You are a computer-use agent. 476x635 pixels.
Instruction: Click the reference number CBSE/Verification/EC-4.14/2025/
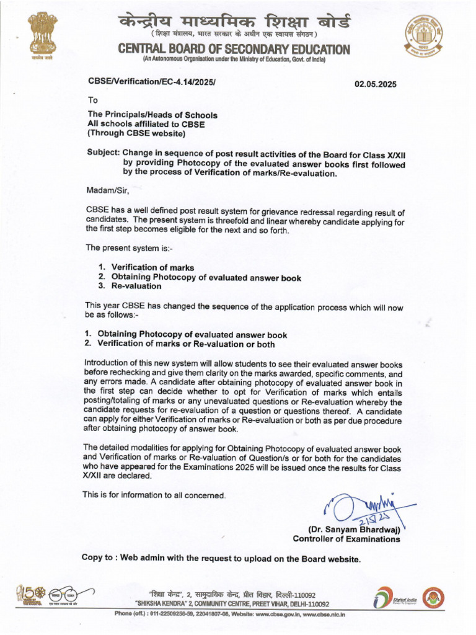153,81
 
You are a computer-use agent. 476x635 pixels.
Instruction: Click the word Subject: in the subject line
103,153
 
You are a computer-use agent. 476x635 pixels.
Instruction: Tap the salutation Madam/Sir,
107,190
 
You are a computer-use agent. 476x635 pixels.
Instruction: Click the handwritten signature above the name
359,508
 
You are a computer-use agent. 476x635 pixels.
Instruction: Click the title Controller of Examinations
346,539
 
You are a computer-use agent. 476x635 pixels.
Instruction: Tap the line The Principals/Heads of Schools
152,114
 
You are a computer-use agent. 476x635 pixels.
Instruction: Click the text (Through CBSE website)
136,133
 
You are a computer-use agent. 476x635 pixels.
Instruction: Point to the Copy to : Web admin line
221,558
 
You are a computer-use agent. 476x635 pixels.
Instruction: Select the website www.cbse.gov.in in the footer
279,615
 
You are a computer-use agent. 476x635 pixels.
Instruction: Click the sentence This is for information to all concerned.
154,495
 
